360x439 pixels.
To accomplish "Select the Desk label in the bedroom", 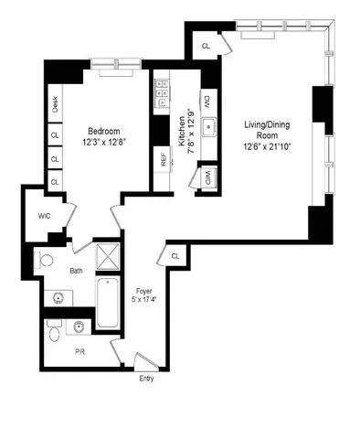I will [x=56, y=106].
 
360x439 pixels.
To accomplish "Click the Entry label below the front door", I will [x=146, y=377].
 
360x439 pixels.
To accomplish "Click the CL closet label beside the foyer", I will [x=175, y=257].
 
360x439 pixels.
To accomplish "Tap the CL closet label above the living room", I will [x=205, y=45].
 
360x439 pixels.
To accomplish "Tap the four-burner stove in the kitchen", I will [x=163, y=89].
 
